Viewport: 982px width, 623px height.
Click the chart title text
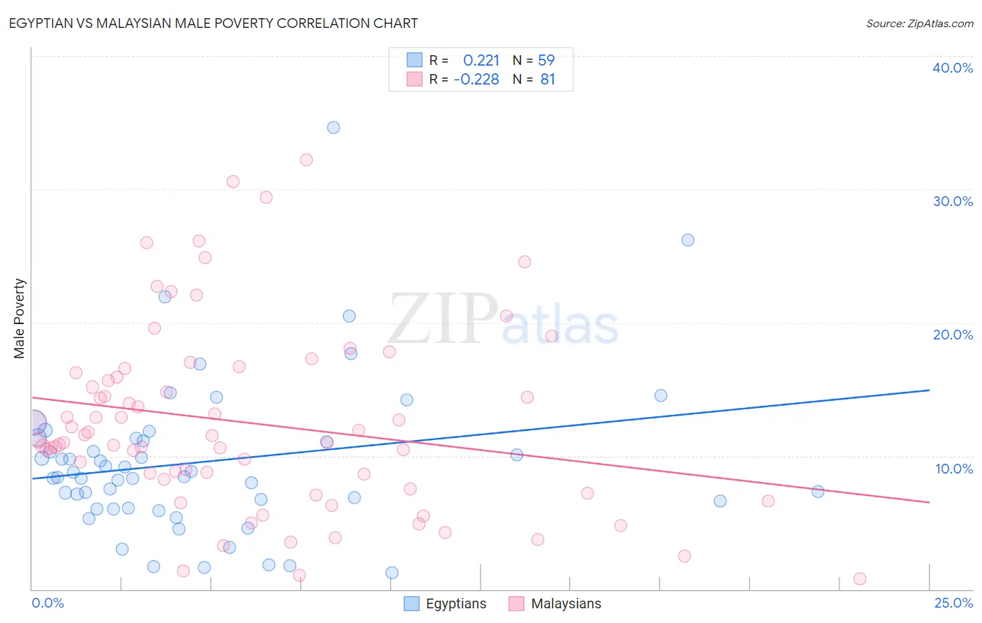(213, 23)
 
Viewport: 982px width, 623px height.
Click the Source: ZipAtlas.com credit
(919, 23)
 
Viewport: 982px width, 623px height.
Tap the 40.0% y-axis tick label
(953, 68)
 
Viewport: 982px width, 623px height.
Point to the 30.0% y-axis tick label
(953, 201)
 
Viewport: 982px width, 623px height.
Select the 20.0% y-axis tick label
(953, 335)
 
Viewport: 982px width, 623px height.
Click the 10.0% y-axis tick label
(953, 469)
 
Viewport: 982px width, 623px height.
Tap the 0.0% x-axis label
(47, 603)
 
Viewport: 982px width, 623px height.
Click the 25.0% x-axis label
(953, 603)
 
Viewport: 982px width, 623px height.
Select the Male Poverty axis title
(20, 318)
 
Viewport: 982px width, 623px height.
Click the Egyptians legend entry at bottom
(446, 603)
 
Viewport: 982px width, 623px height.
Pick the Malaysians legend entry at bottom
(555, 603)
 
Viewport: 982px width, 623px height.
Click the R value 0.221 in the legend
(481, 61)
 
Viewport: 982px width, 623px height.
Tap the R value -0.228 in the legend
(476, 80)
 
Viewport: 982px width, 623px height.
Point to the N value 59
(546, 61)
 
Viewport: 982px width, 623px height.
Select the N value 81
(548, 80)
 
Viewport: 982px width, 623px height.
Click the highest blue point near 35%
(334, 127)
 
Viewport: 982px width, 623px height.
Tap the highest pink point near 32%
(306, 159)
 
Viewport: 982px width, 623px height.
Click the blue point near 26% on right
(688, 240)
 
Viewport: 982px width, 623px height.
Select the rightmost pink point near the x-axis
(860, 578)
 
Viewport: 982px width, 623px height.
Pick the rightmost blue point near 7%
(818, 491)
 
